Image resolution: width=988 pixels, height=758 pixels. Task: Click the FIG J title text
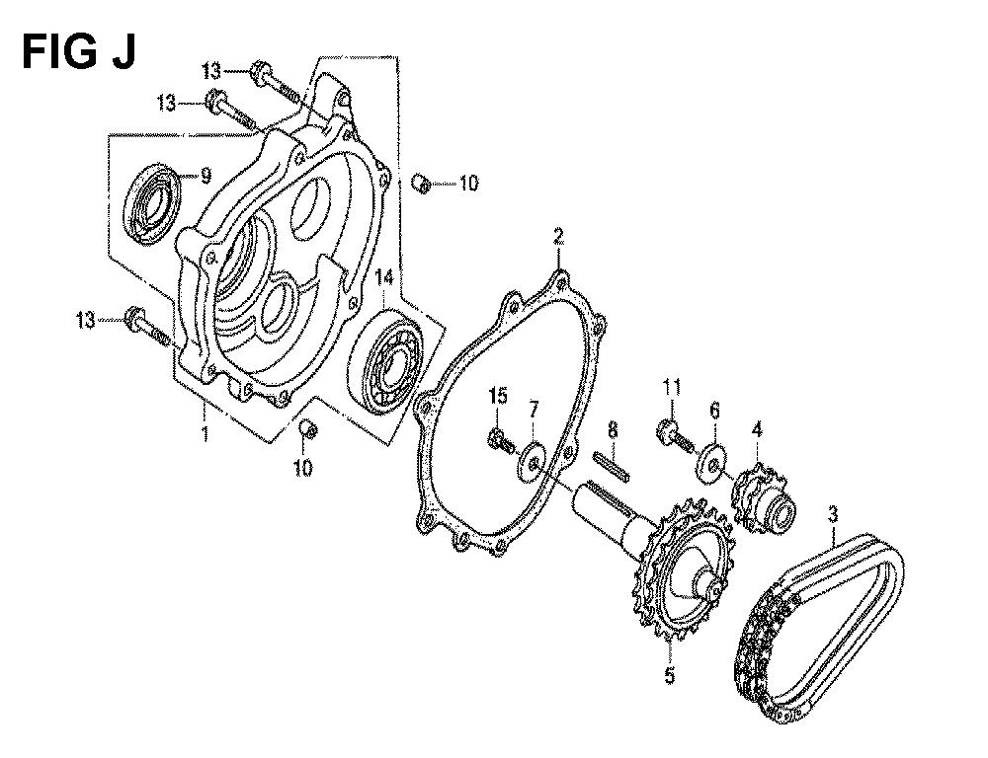[79, 51]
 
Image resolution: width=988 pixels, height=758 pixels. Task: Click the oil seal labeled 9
[150, 202]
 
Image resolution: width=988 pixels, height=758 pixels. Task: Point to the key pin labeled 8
[611, 467]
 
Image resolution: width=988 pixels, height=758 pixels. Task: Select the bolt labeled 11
[675, 435]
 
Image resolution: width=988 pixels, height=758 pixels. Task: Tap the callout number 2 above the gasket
[557, 238]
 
